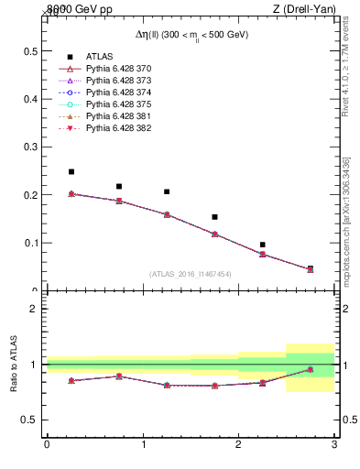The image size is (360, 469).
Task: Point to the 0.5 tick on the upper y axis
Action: click(x=31, y=50)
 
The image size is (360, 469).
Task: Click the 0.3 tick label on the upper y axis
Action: click(x=31, y=147)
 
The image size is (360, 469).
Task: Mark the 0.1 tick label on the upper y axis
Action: click(x=31, y=243)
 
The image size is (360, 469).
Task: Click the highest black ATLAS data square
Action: click(x=71, y=171)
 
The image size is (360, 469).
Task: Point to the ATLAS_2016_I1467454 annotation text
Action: click(x=191, y=274)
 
